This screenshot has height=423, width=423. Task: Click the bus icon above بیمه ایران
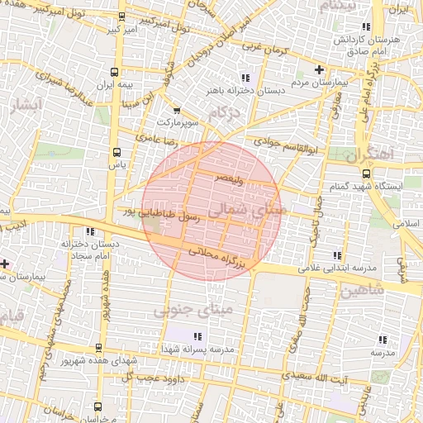[115, 72]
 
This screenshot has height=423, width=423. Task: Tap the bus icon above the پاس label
[116, 152]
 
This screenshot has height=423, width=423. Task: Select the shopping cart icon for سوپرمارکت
[176, 109]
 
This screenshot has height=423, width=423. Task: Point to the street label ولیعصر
[228, 177]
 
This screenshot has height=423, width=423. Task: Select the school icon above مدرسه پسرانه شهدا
[197, 336]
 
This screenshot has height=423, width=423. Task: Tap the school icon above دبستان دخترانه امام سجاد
[89, 231]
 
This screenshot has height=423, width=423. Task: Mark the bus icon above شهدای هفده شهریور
[100, 348]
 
